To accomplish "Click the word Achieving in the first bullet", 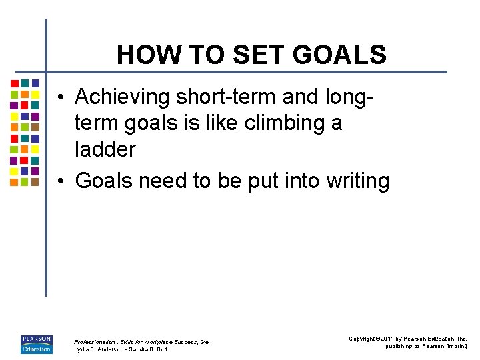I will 123,97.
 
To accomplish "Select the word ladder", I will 105,149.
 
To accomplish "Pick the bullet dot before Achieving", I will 60,98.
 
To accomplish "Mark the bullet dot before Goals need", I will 60,181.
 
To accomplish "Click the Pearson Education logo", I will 36,343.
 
